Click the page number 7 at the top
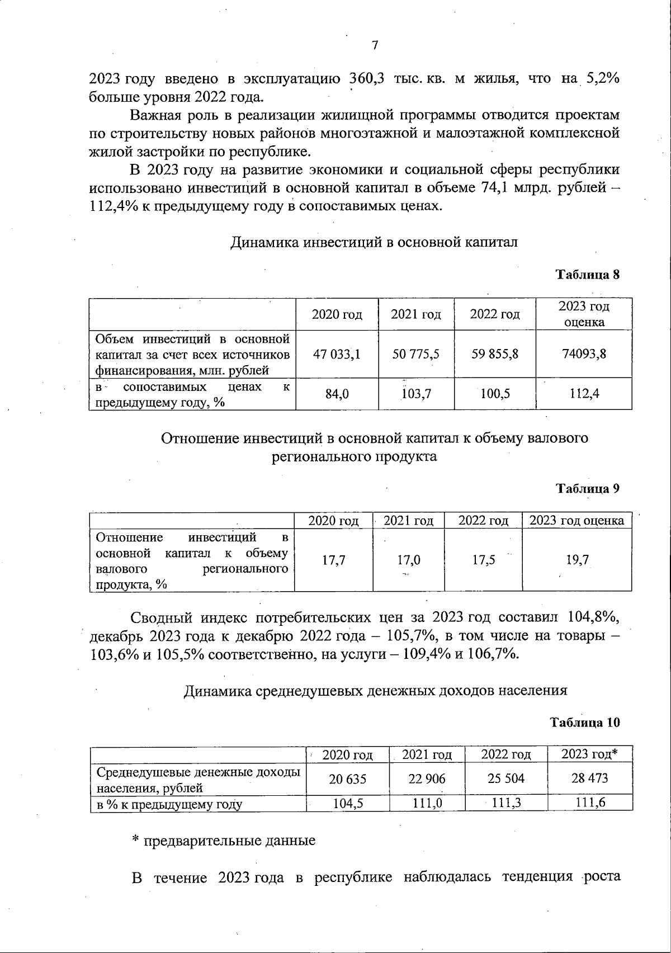coord(375,46)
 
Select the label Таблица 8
coord(587,275)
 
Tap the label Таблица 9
coord(587,488)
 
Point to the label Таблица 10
coord(585,722)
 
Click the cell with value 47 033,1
coord(337,354)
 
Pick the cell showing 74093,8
coord(584,354)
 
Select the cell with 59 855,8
coord(495,354)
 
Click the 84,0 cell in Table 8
coord(337,394)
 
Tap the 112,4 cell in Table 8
coord(584,394)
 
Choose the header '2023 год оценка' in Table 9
coord(577,521)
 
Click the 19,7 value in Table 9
coord(577,560)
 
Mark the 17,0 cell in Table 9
coord(409,560)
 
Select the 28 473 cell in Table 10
coord(589,778)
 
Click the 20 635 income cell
coord(347,779)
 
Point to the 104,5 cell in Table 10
coord(348,804)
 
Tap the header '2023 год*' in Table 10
coord(589,754)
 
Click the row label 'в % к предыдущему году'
coord(169,805)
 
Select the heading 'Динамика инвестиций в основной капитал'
coord(374,242)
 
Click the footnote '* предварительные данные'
coord(224,841)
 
